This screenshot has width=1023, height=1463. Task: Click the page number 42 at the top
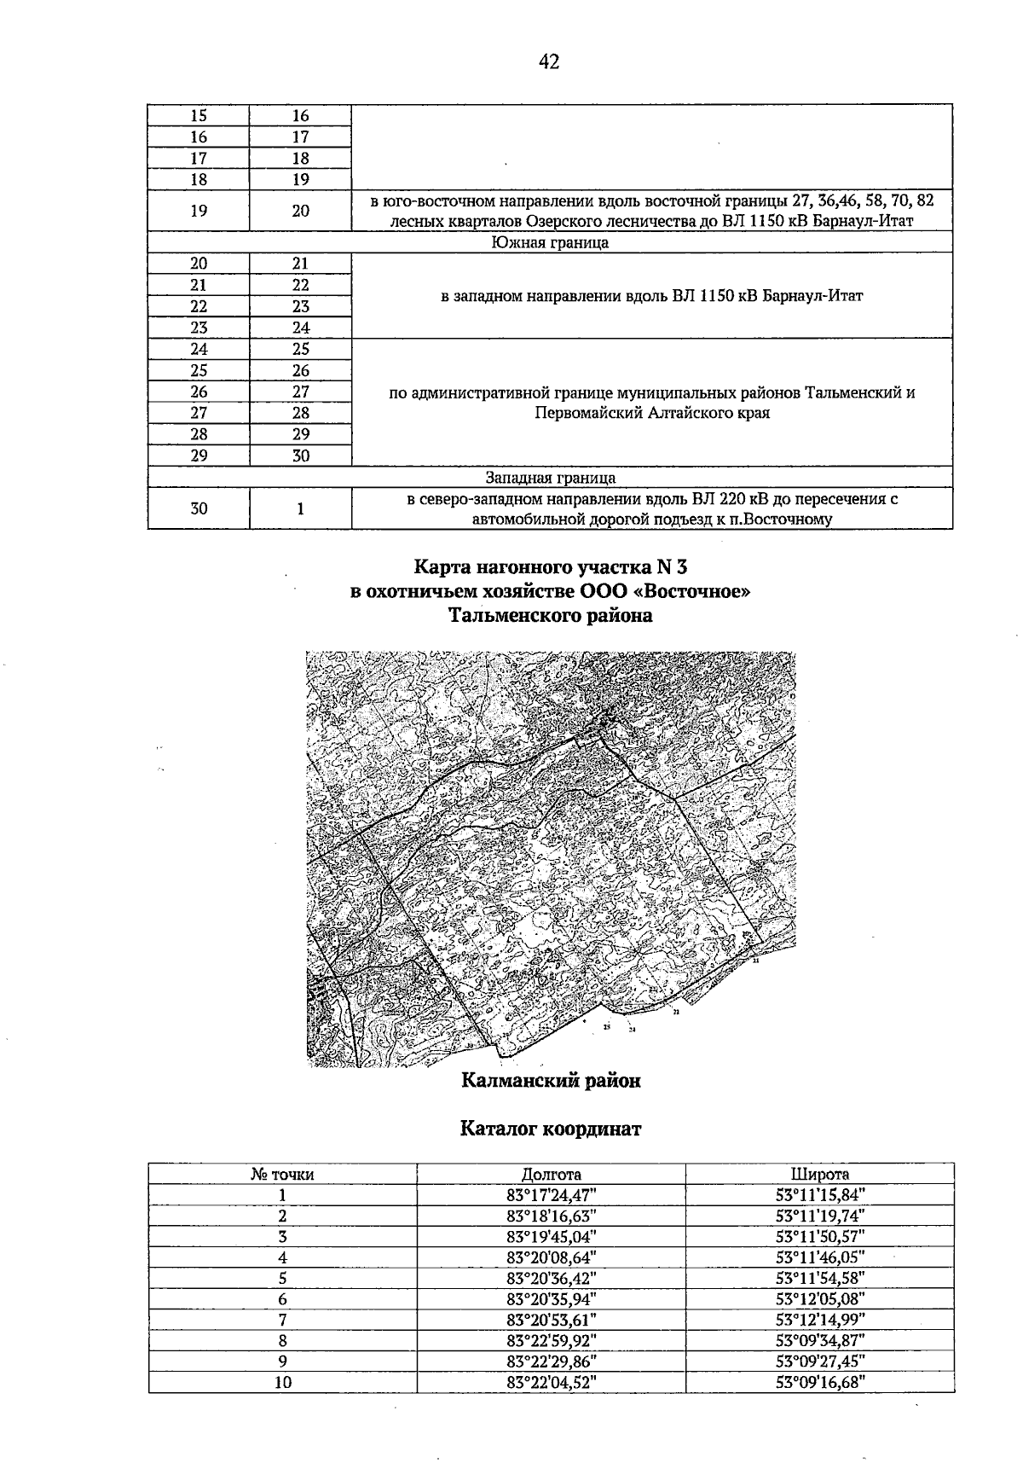coord(549,61)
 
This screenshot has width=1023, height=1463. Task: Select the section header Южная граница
coord(550,243)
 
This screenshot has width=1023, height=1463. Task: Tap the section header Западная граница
coord(550,478)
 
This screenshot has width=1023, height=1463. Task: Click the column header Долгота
coord(551,1174)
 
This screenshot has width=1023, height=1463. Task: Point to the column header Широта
coord(819,1174)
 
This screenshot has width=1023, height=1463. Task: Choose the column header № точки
coord(282,1174)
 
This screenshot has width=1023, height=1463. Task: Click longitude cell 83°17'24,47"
coord(551,1195)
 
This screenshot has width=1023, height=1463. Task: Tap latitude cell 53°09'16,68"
coord(819,1383)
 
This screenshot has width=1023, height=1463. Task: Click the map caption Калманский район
coord(551,1081)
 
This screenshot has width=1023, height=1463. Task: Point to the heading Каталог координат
coord(551,1129)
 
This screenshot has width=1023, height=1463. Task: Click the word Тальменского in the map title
coord(505,616)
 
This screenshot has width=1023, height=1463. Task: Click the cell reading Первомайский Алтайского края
coord(652,413)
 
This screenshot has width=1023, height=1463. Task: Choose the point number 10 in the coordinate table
coord(282,1383)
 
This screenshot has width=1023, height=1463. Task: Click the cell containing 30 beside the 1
coord(199,508)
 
